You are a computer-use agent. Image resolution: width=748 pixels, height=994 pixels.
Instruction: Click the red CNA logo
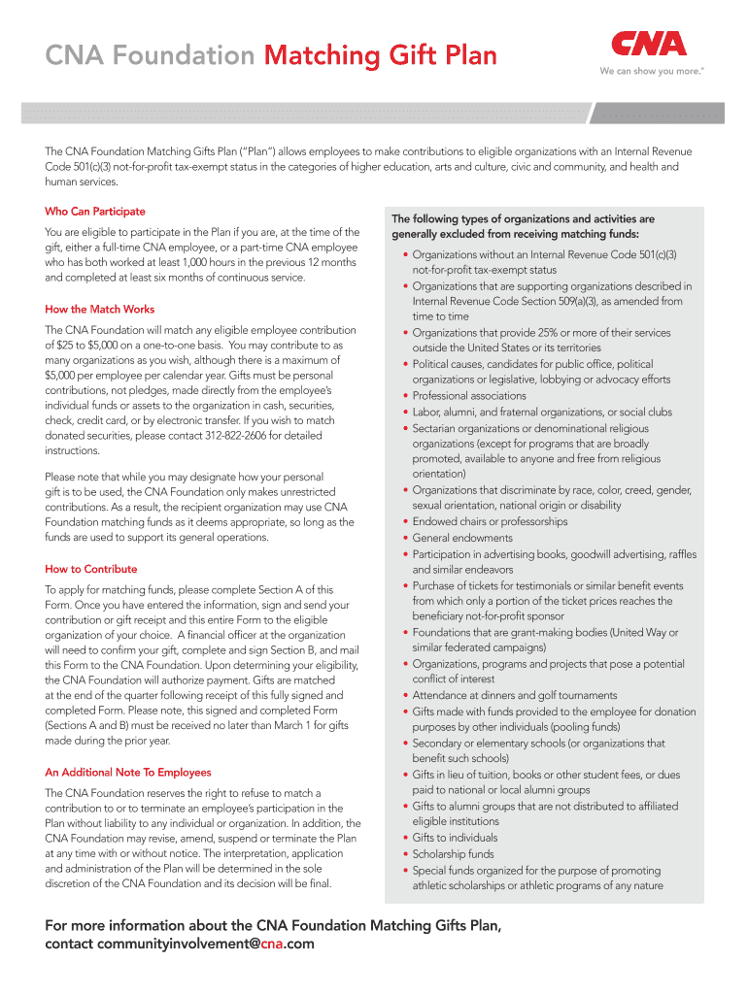648,44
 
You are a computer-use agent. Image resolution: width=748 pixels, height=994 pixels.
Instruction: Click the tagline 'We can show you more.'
649,71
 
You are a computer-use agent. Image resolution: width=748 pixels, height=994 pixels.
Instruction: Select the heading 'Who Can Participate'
95,211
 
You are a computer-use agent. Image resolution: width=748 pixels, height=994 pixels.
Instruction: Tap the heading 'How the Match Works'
100,310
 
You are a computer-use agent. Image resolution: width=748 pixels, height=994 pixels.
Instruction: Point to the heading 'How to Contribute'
91,569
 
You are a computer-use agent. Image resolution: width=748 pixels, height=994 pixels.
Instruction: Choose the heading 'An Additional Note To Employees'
128,773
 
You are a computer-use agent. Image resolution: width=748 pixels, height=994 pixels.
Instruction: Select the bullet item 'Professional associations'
469,396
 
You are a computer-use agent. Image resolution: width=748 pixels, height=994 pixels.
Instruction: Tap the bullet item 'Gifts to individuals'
455,838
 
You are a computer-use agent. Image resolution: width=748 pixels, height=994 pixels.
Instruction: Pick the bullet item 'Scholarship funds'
453,854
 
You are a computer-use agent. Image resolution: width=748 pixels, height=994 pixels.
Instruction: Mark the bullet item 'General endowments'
462,538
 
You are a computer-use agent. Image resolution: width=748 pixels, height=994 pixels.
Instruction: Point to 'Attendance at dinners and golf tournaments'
514,695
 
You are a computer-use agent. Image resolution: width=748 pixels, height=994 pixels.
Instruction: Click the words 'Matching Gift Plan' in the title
380,55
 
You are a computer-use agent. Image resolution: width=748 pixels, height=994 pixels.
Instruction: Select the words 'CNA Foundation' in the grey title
150,55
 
